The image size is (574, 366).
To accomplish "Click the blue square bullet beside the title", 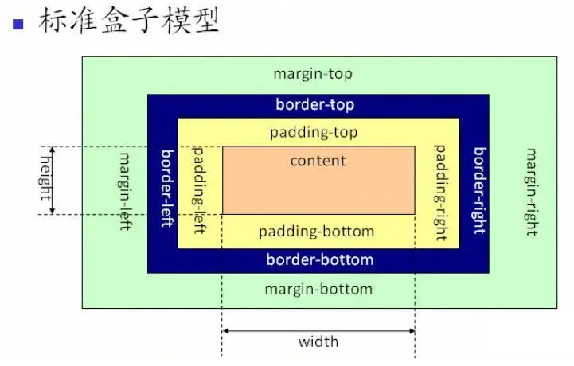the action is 18,24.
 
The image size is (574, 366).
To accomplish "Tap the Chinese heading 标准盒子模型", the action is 128,21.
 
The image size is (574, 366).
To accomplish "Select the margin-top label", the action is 313,74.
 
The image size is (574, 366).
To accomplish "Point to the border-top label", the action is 314,104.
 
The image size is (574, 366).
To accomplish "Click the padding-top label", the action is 314,133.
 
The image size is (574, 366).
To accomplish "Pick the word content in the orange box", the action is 318,161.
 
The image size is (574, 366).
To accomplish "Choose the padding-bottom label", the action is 316,232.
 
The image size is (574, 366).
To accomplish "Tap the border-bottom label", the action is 320,259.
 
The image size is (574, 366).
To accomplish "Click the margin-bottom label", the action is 318,290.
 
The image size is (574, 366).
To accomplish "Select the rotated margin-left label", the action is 126,192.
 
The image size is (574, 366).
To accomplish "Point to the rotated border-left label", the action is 167,188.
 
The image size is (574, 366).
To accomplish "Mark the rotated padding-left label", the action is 199,190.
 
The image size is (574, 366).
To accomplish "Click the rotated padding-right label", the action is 441,193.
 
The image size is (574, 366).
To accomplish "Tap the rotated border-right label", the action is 479,191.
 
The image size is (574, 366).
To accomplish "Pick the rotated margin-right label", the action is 532,192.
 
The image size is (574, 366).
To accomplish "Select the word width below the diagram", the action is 318,342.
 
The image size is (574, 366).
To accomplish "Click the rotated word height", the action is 46,178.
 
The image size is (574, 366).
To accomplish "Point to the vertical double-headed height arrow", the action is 53,180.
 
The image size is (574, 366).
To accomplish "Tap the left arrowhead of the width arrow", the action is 225,331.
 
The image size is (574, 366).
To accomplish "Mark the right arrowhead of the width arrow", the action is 412,331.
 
